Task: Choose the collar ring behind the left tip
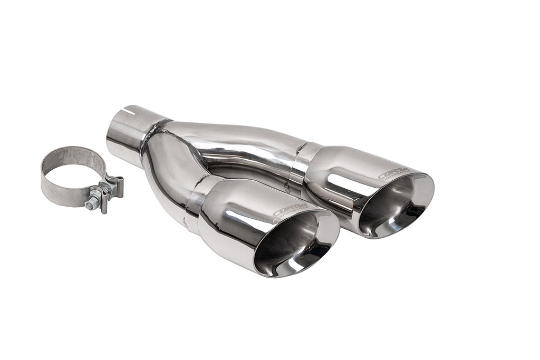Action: coord(198,203)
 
